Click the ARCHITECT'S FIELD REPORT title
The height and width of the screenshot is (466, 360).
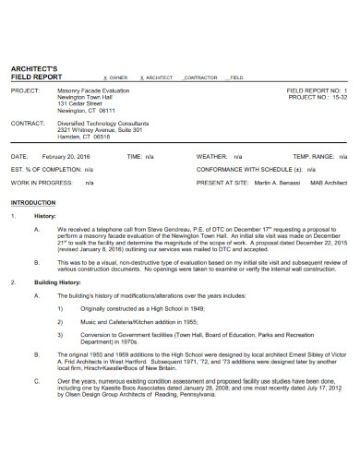tap(35, 74)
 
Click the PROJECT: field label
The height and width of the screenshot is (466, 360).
tap(25, 91)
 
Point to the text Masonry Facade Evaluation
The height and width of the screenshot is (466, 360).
tap(94, 91)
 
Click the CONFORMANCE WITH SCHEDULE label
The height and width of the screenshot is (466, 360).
tap(247, 170)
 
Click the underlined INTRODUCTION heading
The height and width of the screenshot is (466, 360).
tap(32, 201)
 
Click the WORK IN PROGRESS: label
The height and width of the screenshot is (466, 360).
tap(42, 183)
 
